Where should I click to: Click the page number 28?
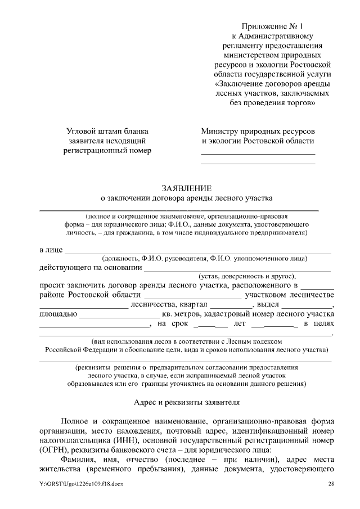(331, 484)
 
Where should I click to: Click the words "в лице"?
(51, 250)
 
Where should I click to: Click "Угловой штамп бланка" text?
(107, 131)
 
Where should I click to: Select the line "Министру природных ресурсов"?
(258, 131)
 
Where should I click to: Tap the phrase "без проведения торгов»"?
(272, 103)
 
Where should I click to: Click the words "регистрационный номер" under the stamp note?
(107, 150)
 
